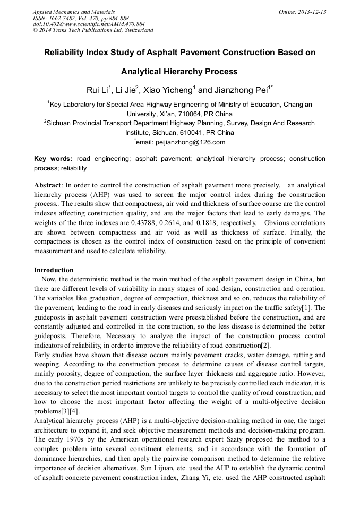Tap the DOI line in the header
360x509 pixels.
[x=89, y=24]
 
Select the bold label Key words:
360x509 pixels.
[x=53, y=159]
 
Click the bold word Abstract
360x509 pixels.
[x=48, y=185]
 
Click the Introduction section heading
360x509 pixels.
[x=54, y=270]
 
